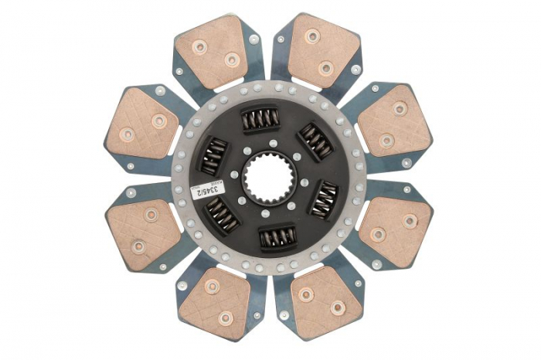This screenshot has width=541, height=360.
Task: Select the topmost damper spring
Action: click(260, 119)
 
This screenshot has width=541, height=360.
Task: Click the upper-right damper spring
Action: click(317, 141)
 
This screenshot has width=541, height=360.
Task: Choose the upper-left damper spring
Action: click(212, 155)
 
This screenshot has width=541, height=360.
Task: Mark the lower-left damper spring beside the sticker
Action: click(223, 216)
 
